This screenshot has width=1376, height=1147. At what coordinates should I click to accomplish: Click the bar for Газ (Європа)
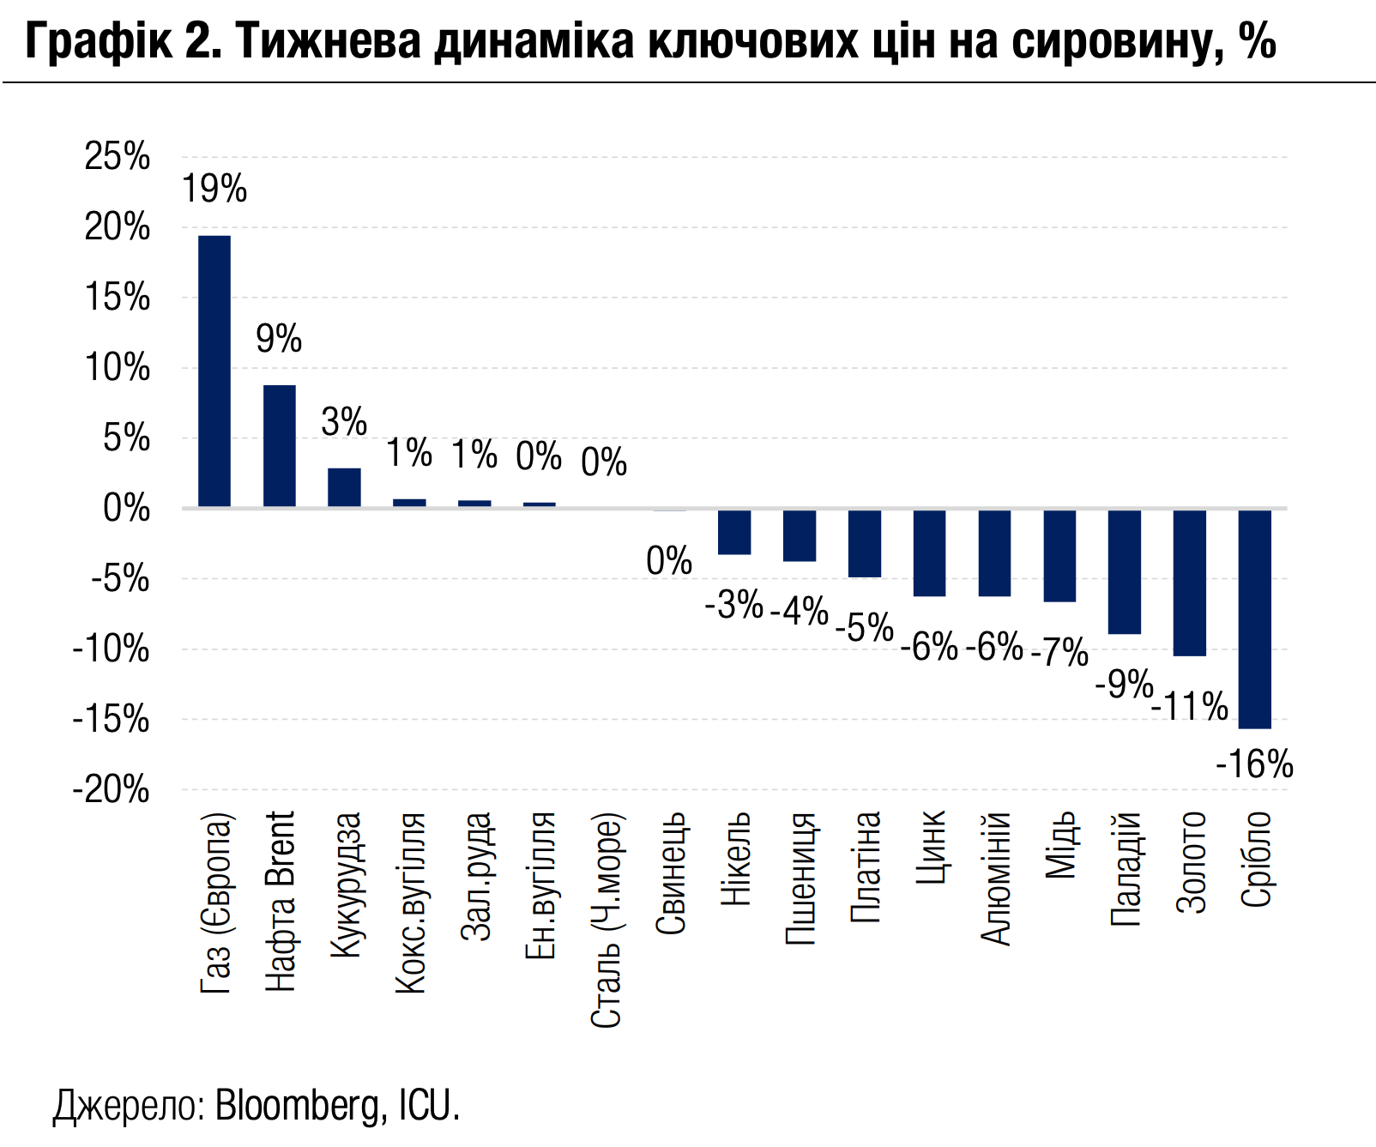click(x=214, y=371)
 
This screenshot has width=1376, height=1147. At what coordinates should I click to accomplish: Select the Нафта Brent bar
click(x=280, y=446)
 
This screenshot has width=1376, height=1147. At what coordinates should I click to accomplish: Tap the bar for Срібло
click(x=1254, y=619)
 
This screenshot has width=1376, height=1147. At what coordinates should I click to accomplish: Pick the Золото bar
click(x=1190, y=583)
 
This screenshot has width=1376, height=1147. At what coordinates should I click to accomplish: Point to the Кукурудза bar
click(x=344, y=487)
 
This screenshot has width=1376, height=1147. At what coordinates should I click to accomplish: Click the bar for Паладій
click(x=1125, y=571)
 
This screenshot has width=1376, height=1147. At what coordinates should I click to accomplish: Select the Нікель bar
click(x=734, y=532)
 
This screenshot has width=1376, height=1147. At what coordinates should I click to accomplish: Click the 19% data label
click(x=214, y=189)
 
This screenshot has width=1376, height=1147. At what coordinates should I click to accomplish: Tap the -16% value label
click(x=1254, y=764)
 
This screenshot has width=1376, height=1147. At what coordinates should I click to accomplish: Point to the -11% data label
click(x=1190, y=707)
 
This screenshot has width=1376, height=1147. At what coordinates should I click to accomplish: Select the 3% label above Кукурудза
click(x=344, y=422)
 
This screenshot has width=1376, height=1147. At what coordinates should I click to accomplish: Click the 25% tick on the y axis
click(x=118, y=157)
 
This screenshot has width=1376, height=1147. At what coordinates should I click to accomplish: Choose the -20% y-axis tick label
click(x=112, y=790)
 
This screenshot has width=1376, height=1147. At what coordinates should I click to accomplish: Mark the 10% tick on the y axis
click(x=118, y=368)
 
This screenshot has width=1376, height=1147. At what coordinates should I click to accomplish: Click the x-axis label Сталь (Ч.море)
click(x=606, y=920)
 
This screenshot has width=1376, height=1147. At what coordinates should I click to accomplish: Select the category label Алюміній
click(x=996, y=878)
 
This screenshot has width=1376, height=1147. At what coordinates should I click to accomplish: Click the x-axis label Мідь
click(x=1061, y=844)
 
